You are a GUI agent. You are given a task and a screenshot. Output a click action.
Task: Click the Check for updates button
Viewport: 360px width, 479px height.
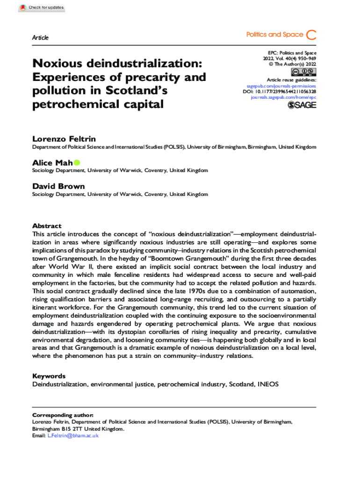[43, 7]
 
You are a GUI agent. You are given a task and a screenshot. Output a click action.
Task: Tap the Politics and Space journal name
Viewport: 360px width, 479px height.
[274, 35]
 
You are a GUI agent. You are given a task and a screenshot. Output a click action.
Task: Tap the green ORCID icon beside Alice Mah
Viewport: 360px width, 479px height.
[77, 162]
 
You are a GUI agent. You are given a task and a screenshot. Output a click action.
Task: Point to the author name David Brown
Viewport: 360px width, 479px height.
[58, 186]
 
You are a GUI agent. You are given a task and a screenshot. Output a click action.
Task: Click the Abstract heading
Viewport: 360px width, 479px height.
[47, 225]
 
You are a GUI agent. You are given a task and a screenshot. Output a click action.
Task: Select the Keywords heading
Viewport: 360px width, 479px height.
[49, 376]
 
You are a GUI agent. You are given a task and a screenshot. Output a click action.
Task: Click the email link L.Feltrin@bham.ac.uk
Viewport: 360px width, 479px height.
[73, 435]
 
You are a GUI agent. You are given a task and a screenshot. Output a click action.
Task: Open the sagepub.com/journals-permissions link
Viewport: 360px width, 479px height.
[281, 86]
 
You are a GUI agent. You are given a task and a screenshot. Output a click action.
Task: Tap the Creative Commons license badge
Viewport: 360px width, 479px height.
[303, 72]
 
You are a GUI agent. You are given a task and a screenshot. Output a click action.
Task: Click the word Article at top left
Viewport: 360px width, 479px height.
[40, 37]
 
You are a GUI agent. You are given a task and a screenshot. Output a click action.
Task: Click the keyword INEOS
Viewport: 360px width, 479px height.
[267, 385]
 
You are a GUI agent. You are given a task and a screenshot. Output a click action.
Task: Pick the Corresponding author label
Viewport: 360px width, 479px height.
[63, 415]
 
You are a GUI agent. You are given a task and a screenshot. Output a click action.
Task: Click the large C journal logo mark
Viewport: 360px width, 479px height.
[311, 35]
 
